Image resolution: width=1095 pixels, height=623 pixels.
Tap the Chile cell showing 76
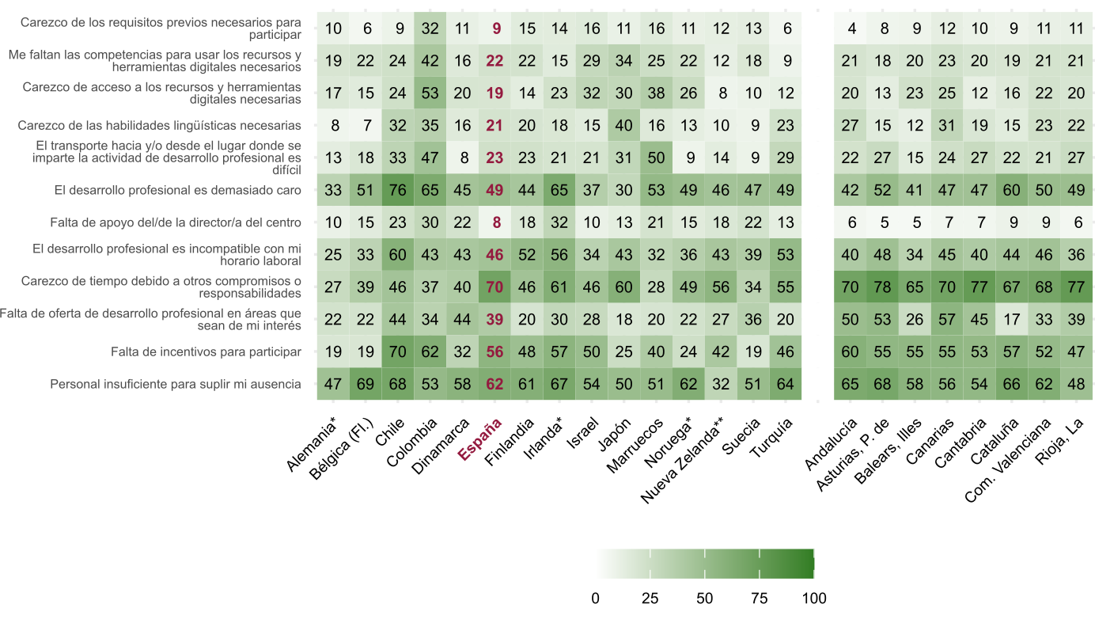coord(399,190)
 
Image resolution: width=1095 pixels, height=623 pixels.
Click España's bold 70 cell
coord(496,287)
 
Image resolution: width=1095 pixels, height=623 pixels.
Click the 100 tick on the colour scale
coord(813,598)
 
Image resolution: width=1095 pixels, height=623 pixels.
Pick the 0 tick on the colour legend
coord(595,598)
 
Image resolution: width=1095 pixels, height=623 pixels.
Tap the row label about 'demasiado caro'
coord(178,190)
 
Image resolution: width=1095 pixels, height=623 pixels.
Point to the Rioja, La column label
coord(1061,443)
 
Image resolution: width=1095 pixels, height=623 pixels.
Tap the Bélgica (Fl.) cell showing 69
coord(366,384)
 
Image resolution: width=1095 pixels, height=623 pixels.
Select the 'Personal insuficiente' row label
coord(176,384)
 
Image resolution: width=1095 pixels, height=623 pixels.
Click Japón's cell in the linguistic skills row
coord(625,125)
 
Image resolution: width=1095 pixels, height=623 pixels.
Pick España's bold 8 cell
coord(496,222)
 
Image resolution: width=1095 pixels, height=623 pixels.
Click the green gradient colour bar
coord(704,564)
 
